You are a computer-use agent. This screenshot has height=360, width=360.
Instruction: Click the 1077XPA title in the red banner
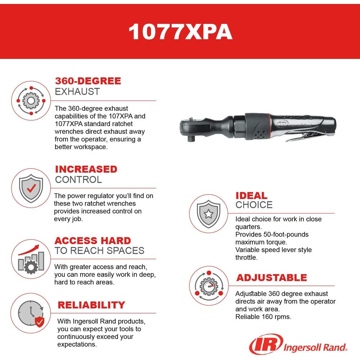[180, 32]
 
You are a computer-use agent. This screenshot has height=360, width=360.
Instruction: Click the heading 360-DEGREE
[88, 81]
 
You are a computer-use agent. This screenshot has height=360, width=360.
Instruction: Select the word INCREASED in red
[86, 169]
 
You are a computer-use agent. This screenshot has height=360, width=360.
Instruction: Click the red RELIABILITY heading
[91, 305]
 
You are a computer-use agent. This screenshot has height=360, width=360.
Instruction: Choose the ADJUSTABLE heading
[271, 278]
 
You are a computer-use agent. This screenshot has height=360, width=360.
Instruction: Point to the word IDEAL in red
[251, 196]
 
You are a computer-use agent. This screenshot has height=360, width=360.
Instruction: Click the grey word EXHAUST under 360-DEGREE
[77, 91]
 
